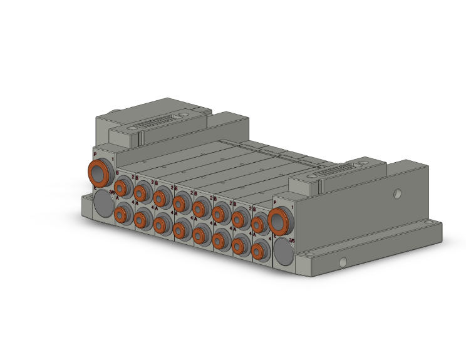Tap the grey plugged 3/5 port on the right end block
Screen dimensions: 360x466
click(282, 250)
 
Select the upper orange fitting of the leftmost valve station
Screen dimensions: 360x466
click(120, 188)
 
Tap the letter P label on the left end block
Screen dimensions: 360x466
click(95, 153)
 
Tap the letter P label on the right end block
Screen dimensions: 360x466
click(275, 202)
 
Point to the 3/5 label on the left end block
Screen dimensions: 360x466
click(112, 192)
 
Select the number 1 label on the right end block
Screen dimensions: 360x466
click(292, 207)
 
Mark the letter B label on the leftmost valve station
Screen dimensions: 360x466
click(117, 171)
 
